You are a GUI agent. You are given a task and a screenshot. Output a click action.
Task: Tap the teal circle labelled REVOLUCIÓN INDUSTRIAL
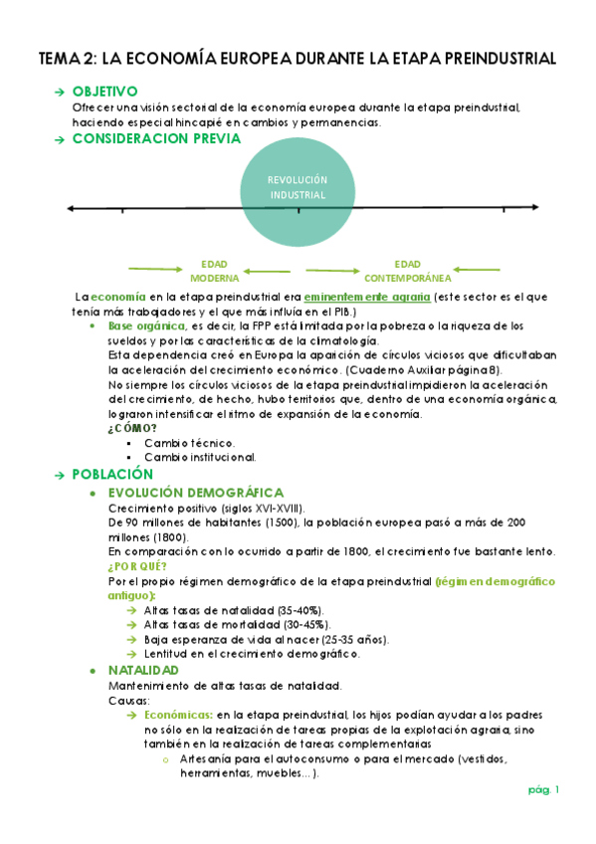(298, 189)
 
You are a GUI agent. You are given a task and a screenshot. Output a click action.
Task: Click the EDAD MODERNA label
(214, 271)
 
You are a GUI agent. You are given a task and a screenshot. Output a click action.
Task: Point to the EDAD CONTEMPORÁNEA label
(407, 271)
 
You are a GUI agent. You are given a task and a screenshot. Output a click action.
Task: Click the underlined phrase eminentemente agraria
(367, 297)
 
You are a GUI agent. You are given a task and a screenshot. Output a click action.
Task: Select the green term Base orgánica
(145, 325)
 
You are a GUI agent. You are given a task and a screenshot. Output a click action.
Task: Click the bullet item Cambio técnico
(189, 442)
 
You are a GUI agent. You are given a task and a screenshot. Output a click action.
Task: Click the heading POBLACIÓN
(112, 475)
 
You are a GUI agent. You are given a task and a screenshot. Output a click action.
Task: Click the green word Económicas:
(177, 715)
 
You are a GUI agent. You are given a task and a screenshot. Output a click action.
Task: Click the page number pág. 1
(544, 790)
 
